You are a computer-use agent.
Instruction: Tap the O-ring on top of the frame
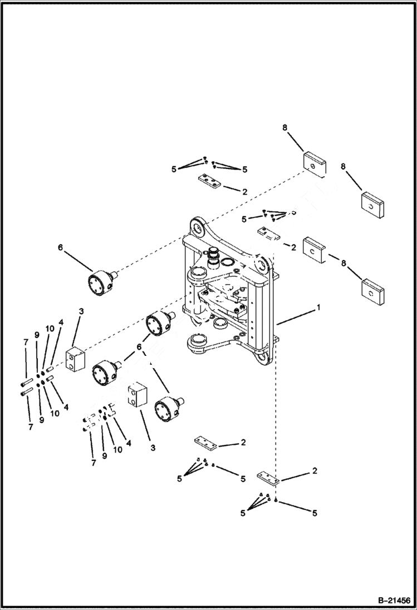point(227,261)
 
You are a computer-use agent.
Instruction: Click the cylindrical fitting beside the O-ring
point(213,257)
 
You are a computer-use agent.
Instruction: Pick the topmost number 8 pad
point(315,165)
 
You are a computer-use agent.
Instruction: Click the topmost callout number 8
point(284,127)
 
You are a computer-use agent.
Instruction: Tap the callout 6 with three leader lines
point(139,348)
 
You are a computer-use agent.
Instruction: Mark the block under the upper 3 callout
point(74,360)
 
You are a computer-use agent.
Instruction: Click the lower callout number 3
point(153,447)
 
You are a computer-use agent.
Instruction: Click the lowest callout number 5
point(315,513)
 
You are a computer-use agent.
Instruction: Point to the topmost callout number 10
point(50,329)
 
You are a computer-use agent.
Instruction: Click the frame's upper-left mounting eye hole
point(198,226)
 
